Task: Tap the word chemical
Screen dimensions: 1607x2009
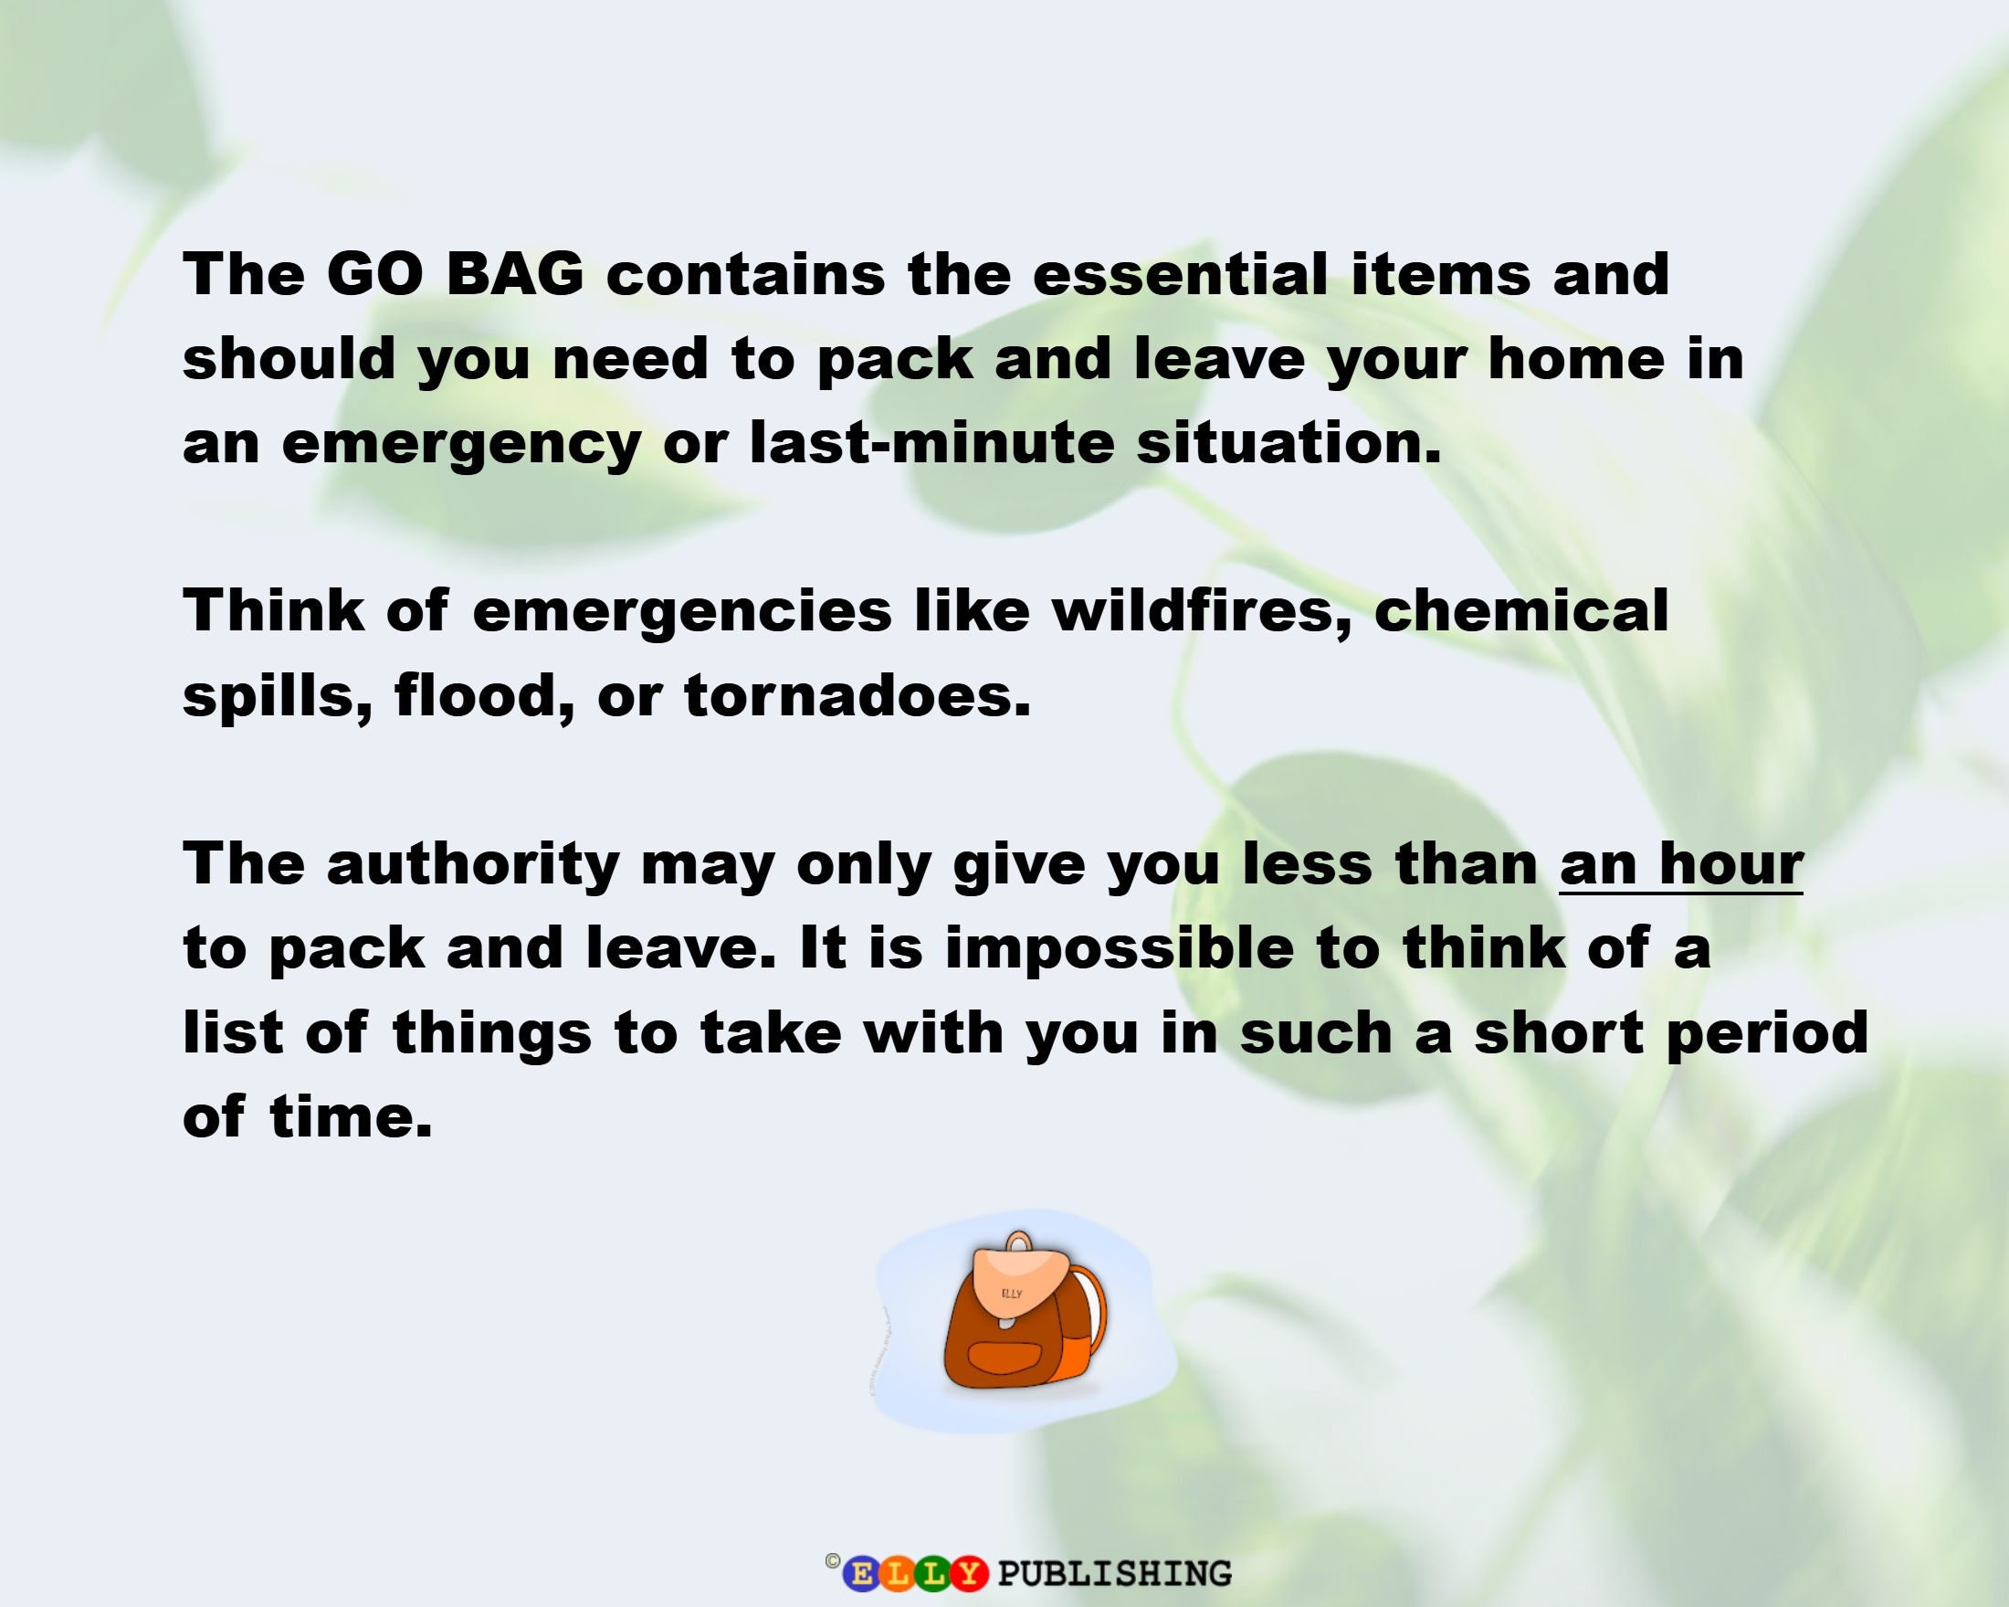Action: pos(1520,610)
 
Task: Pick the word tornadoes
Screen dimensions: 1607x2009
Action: pos(857,694)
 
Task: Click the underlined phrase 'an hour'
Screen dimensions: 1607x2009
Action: pos(1681,864)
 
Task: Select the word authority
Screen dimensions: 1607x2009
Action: pos(472,864)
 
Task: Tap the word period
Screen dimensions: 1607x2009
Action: pos(1767,1032)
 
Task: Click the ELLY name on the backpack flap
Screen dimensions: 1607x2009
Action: pos(1012,1294)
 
